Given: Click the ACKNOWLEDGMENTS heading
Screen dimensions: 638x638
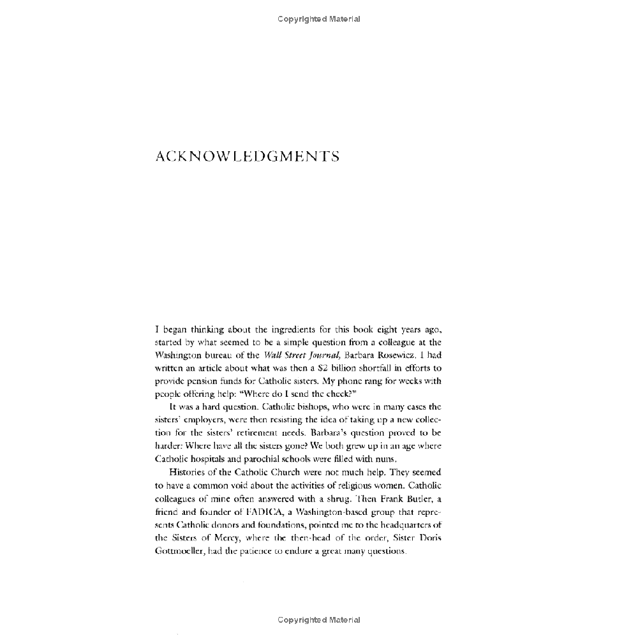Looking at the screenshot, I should [247, 157].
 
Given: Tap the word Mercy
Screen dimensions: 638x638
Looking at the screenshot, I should [225, 538].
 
